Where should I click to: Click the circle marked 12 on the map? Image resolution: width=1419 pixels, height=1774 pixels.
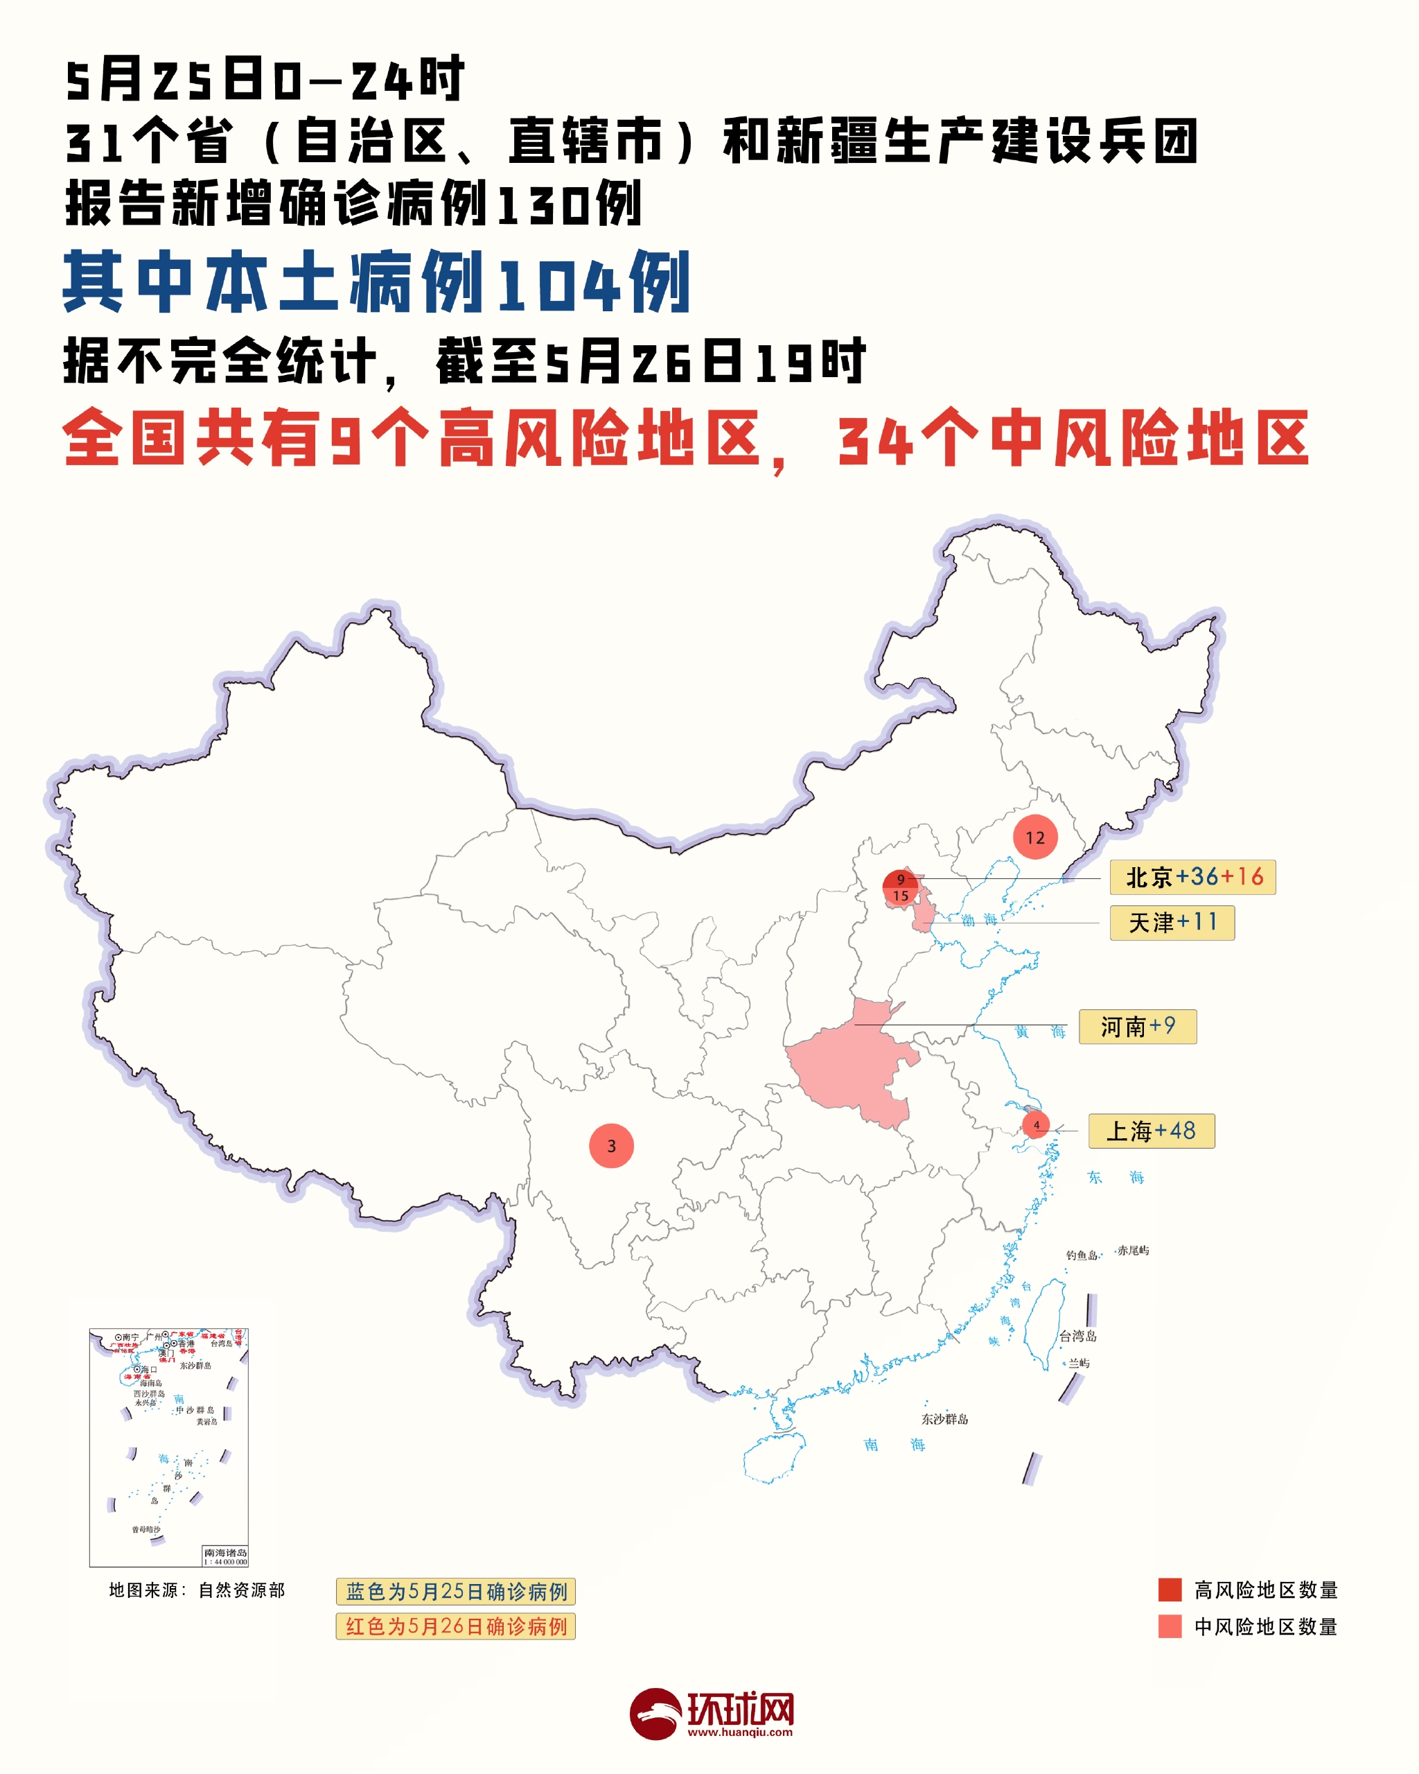tap(1035, 837)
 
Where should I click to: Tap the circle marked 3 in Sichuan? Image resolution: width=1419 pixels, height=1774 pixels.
tap(611, 1145)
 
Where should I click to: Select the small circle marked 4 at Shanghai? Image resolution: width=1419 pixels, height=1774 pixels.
tap(1036, 1125)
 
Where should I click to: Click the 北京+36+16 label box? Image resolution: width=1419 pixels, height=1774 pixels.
tap(1192, 877)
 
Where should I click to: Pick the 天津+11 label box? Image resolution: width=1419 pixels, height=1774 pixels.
tap(1172, 923)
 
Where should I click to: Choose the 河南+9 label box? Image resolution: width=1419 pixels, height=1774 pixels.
tap(1138, 1027)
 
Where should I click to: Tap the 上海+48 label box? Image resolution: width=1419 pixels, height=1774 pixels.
tap(1151, 1131)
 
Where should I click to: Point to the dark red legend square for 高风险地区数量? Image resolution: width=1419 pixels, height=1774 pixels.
tap(1169, 1590)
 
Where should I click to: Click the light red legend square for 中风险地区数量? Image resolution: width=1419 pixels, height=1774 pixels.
tap(1169, 1627)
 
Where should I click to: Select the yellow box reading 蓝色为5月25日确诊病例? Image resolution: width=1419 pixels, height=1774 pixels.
tap(455, 1592)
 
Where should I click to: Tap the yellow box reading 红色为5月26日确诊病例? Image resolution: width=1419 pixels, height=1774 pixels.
tap(455, 1627)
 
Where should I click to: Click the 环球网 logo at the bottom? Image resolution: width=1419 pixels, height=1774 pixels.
tap(712, 1714)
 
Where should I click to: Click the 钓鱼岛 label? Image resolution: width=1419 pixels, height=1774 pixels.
tap(1081, 1255)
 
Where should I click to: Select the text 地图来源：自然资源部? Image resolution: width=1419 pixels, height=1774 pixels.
tap(197, 1590)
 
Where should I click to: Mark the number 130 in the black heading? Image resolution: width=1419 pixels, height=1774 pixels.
tap(544, 205)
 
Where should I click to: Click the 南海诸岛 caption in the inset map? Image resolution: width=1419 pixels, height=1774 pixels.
tap(224, 1552)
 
